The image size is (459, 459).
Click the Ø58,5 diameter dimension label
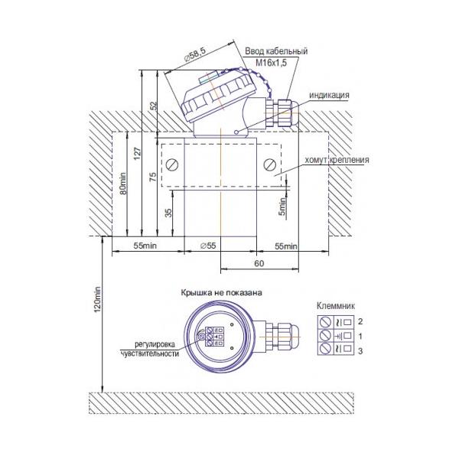[195, 54]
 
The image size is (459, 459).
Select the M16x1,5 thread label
[272, 63]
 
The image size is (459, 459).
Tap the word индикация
[329, 96]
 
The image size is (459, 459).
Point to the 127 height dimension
[138, 154]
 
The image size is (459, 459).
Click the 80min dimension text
[123, 184]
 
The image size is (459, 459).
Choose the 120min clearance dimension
[97, 298]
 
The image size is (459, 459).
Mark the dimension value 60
[259, 264]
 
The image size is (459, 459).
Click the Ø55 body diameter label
[208, 246]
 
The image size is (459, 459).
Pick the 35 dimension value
[168, 213]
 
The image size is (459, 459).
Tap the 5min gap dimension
[282, 207]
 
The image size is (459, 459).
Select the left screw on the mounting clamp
[172, 164]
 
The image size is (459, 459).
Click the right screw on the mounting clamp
[269, 164]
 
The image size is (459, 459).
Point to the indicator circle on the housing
[236, 132]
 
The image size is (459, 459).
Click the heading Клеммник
[336, 307]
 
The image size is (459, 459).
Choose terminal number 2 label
[360, 321]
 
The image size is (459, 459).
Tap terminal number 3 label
[360, 350]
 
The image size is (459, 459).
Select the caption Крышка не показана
[222, 292]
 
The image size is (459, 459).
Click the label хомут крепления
[337, 161]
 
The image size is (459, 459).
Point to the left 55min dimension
[145, 246]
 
